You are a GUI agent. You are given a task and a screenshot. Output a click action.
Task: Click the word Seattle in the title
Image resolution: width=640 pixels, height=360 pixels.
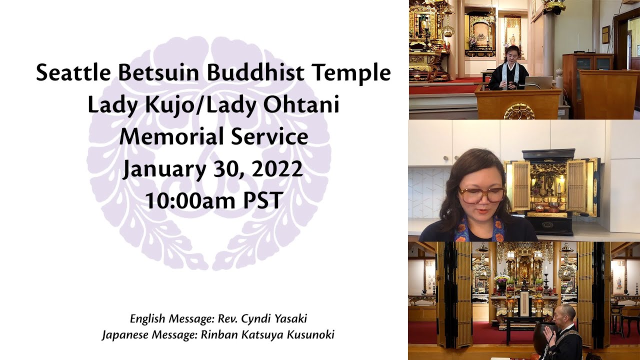[x=73, y=73]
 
